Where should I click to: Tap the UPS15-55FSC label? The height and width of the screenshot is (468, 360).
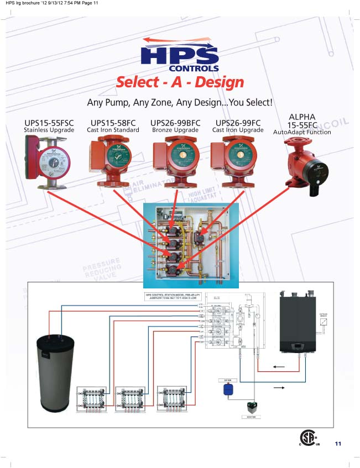(49, 123)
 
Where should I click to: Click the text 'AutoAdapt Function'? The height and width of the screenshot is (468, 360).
(302, 133)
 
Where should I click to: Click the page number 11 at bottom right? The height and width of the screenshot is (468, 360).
(338, 444)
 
